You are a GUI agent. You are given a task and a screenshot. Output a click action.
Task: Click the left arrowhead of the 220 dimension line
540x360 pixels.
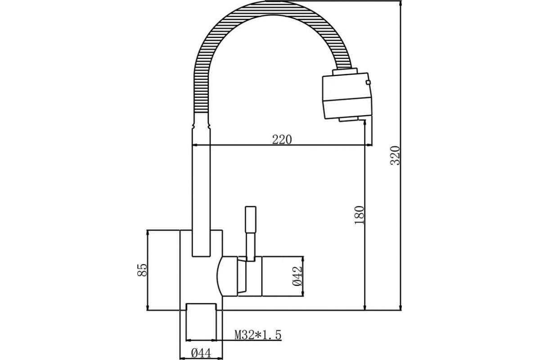pos(195,145)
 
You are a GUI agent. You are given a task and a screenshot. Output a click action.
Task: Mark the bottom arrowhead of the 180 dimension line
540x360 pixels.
pos(365,307)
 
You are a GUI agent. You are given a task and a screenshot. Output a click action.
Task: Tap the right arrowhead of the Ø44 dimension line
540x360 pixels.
pos(220,359)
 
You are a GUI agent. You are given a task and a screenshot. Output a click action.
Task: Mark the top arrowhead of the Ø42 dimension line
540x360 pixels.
pos(303,259)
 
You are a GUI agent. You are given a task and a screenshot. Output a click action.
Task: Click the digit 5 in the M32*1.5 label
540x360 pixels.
pos(277,335)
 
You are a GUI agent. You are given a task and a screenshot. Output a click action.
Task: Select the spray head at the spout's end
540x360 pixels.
pos(347,95)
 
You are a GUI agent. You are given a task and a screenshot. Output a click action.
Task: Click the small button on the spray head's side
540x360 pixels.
pos(368,82)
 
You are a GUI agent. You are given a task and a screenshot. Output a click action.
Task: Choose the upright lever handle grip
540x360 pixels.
pos(251,220)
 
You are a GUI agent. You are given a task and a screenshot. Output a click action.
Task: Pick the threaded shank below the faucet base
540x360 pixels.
pos(201,322)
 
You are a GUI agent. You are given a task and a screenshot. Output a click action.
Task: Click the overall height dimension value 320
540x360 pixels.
pos(395,155)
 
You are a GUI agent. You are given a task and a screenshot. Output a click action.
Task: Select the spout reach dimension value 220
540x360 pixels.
pos(282,139)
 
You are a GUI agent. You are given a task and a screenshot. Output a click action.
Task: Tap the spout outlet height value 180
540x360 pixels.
pos(359,215)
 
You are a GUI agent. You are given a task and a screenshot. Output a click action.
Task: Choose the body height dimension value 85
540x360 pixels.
pos(141,270)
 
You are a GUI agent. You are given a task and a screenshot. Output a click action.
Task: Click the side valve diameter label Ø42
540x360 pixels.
pos(297,276)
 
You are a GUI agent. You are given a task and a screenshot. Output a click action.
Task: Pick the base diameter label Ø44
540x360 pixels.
pos(201,354)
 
